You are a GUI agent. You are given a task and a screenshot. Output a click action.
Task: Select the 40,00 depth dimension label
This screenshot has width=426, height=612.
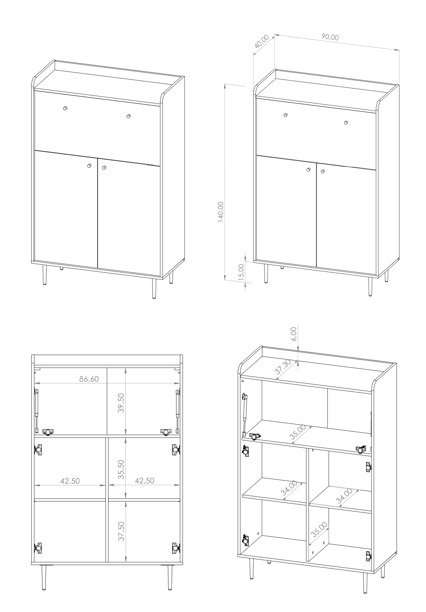point(261,42)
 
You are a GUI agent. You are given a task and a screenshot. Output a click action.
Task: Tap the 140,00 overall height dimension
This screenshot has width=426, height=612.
point(221,212)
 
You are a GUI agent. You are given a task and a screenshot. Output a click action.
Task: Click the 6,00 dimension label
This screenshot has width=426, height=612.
point(293,334)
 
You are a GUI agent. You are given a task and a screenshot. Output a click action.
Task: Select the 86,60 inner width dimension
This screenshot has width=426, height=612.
point(89,379)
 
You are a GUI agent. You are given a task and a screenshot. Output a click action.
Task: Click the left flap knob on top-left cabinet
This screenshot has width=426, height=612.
point(65,108)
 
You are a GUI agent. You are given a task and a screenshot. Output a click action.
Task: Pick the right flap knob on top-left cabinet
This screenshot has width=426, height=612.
point(128,116)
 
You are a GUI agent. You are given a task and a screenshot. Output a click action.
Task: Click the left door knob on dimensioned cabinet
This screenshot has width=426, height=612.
point(308,169)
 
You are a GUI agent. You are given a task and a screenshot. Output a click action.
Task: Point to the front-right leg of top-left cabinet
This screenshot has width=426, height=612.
point(154,289)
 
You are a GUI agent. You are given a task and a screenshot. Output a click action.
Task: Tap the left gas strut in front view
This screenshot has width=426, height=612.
point(36,411)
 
